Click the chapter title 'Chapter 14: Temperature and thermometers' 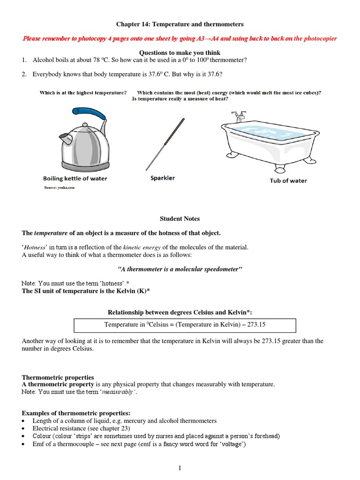click(180, 24)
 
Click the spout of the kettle click(64, 139)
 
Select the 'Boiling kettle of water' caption click(75, 179)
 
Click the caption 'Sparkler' click(163, 178)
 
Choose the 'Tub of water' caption click(288, 180)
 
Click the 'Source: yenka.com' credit click(59, 187)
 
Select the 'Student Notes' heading click(180, 218)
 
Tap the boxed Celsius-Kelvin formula click(185, 325)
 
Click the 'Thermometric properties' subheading click(58, 377)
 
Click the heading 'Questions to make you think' click(180, 52)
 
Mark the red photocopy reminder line click(180, 38)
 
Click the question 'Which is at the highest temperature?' click(83, 93)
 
